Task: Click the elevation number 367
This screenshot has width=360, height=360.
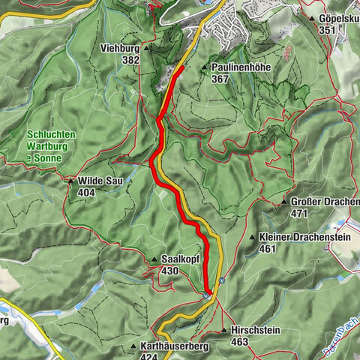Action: (x=220, y=79)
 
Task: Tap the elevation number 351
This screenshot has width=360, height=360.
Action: (x=327, y=30)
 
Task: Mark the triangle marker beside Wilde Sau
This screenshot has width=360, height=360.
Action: (x=71, y=181)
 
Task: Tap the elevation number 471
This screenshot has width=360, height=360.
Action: (x=301, y=214)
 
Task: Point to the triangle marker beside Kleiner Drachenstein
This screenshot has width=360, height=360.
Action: (x=251, y=237)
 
